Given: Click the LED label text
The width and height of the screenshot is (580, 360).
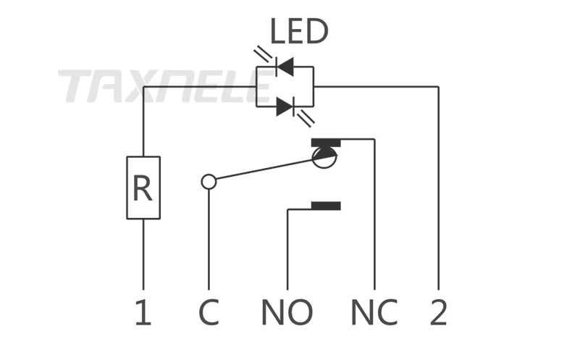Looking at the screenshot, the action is click(299, 31).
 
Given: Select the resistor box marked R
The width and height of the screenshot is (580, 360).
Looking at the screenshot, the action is click(143, 188).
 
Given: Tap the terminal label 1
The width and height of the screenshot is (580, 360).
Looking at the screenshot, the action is click(143, 312).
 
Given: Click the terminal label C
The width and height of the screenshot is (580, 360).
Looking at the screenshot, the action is click(209, 312).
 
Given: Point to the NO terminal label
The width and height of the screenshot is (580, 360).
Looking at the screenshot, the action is click(287, 312).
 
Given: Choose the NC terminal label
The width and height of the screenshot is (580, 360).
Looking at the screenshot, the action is click(374, 312).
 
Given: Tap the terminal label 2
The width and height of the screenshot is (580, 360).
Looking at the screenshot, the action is click(439, 312).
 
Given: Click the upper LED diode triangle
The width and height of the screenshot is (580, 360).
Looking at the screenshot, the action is click(285, 67).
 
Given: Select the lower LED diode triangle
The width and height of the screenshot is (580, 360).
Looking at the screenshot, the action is click(285, 106).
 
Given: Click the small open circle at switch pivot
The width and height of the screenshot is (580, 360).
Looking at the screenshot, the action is click(209, 182).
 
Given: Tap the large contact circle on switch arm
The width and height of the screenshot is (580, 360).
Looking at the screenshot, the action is click(324, 158).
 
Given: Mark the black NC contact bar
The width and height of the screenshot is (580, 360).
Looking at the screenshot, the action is click(326, 143).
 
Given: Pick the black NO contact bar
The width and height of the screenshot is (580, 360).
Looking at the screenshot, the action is click(326, 206).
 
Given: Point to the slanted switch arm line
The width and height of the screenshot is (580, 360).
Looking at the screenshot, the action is click(264, 169).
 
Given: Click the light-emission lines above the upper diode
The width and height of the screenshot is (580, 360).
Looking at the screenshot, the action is click(264, 54).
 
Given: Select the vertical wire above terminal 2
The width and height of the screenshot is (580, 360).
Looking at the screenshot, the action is click(439, 188).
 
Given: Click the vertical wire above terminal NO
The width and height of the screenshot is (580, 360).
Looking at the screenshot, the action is click(287, 250).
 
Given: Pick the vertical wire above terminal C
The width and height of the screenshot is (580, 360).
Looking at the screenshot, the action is click(209, 239).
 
